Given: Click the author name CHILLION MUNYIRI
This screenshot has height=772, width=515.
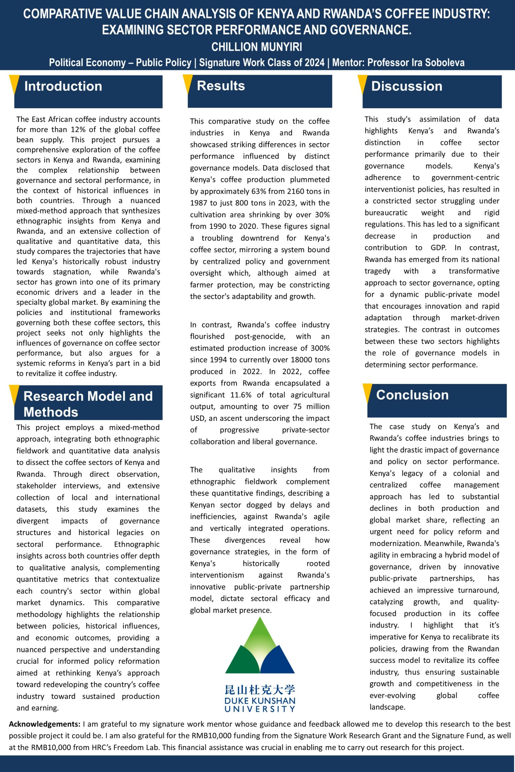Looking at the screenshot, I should (x=256, y=47).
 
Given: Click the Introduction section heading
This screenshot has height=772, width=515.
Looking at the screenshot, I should (x=63, y=86).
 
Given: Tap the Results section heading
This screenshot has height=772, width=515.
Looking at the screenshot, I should (x=221, y=86).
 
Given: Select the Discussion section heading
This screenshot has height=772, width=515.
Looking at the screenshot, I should (x=407, y=86).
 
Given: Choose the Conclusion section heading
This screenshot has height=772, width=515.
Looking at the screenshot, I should (x=412, y=395).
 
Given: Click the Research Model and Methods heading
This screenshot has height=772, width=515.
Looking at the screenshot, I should (x=88, y=404).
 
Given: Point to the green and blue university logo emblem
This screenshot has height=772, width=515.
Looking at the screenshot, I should (x=260, y=645).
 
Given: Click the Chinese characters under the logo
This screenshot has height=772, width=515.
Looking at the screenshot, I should (x=260, y=690).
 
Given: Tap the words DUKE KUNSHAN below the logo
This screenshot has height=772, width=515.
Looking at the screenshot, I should (x=260, y=701).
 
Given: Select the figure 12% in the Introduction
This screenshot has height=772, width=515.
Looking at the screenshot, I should (x=78, y=129).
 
